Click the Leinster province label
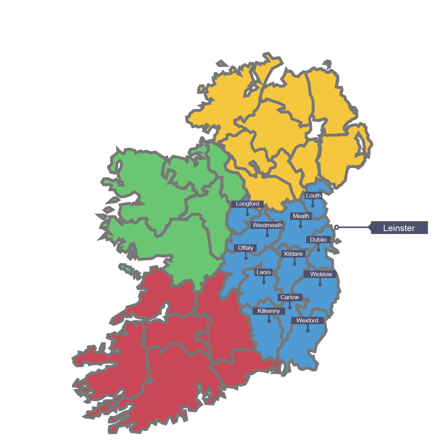(399, 228)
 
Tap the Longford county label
(247, 204)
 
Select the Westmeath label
(267, 225)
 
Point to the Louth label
(313, 196)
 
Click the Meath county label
(301, 216)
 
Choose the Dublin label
(318, 240)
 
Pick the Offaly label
(246, 248)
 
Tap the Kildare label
(293, 254)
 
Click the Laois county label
(264, 272)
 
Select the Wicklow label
(321, 274)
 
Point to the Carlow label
(290, 297)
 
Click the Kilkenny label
(268, 311)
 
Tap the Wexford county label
(307, 321)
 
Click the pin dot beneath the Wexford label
(308, 331)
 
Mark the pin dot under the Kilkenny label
(269, 321)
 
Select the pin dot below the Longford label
(247, 214)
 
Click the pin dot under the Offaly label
(246, 258)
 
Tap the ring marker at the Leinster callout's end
(337, 228)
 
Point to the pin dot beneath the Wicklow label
(320, 284)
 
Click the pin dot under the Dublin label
(318, 250)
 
